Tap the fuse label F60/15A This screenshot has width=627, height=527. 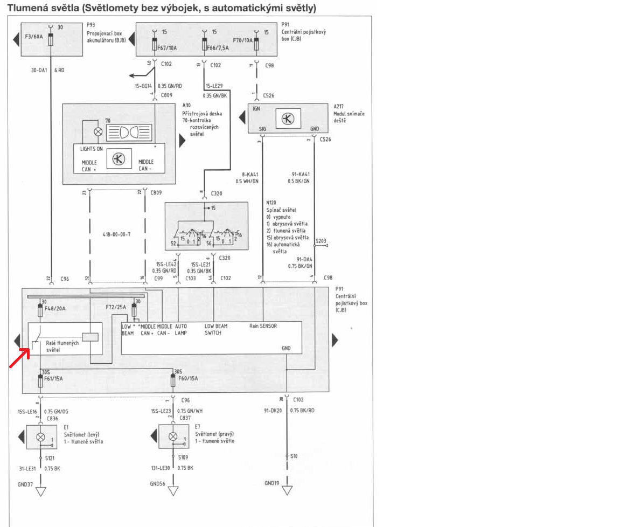(188, 379)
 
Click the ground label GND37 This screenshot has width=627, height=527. (25, 484)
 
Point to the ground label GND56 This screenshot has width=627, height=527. (158, 484)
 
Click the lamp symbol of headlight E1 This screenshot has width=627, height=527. (40, 437)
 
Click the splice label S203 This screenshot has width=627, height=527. (321, 241)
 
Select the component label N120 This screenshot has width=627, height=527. (272, 203)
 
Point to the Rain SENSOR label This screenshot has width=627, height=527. (263, 326)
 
